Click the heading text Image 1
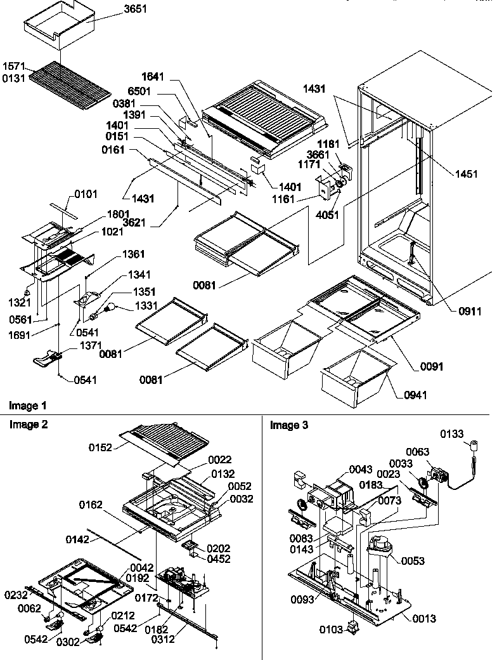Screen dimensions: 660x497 point(28,405)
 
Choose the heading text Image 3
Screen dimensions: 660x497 point(289,425)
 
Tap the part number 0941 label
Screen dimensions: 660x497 point(416,395)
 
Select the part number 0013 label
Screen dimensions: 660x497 point(423,618)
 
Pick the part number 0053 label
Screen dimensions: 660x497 point(413,561)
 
